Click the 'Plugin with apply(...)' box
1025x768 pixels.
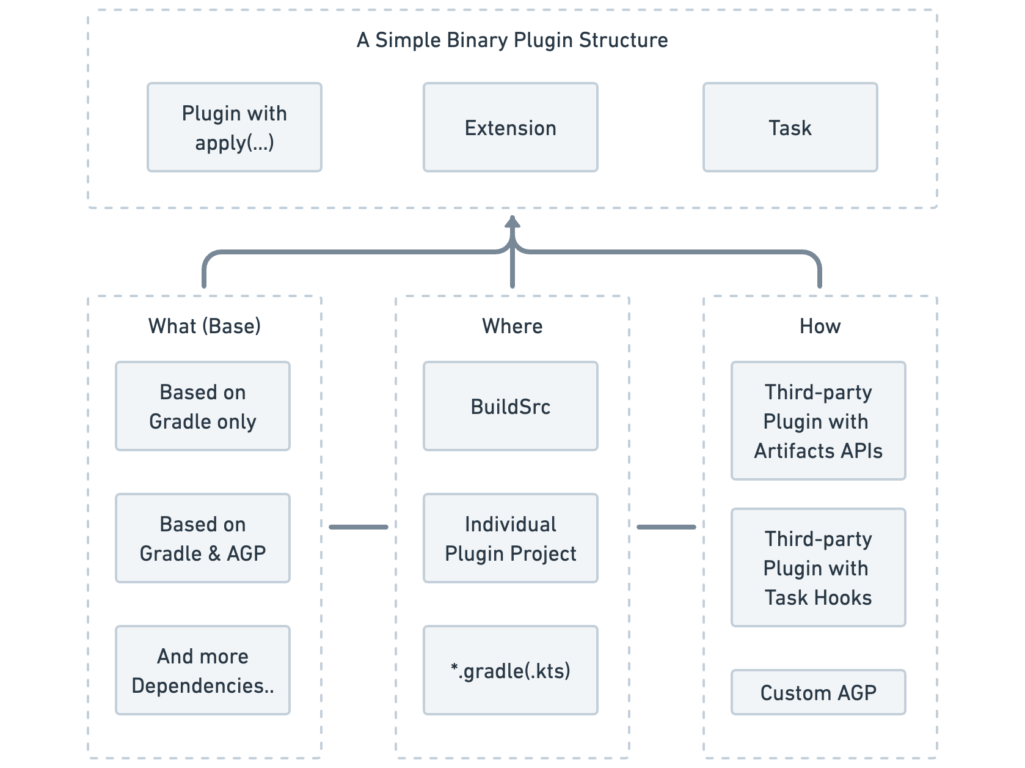[x=234, y=127]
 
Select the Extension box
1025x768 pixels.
[x=510, y=127]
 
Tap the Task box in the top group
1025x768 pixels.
[x=790, y=127]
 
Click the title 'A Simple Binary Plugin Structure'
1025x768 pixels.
[x=512, y=40]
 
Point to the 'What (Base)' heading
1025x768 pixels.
[x=204, y=326]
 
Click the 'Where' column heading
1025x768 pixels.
[x=512, y=326]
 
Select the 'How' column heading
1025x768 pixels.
[x=820, y=326]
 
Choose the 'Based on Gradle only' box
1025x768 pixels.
[x=202, y=406]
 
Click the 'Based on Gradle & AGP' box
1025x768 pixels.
[x=202, y=538]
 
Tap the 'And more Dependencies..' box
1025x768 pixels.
[x=202, y=670]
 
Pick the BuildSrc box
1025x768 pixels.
[x=510, y=406]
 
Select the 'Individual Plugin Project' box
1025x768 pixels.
[x=510, y=538]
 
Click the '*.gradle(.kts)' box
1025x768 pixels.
[x=510, y=670]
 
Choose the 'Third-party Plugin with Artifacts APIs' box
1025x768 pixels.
[x=818, y=421]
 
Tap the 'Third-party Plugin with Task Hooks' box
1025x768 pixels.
[x=818, y=567]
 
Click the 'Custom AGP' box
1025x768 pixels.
[x=818, y=692]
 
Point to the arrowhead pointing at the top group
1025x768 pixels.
[x=512, y=223]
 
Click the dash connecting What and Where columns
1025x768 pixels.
[x=358, y=526]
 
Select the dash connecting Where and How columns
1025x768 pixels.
[x=666, y=526]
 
